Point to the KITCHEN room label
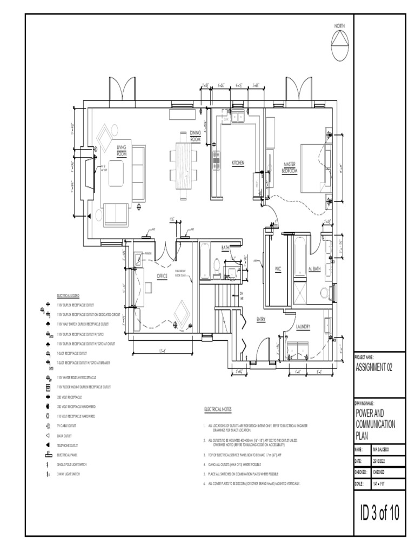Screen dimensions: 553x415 click(238, 163)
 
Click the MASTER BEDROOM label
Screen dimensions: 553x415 click(290, 167)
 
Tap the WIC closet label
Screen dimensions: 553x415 click(278, 268)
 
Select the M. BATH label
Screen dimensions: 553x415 click(315, 268)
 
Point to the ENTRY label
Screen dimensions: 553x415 click(261, 320)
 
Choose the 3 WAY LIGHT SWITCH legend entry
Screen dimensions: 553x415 click(69, 474)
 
